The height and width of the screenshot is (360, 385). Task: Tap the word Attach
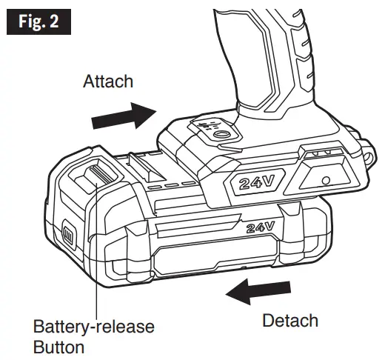[108, 81]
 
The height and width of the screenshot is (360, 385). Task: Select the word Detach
[291, 321]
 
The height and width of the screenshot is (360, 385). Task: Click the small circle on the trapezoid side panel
[327, 181]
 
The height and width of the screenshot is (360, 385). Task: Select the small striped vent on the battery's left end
[65, 236]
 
